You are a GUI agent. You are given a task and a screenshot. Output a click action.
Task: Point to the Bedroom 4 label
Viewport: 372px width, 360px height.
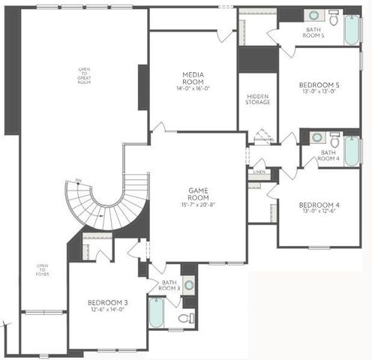pyautogui.click(x=319, y=205)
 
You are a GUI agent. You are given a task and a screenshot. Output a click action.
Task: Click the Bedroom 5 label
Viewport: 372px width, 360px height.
pyautogui.click(x=319, y=85)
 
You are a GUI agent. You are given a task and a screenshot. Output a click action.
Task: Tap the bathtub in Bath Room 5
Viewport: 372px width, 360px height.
pyautogui.click(x=351, y=28)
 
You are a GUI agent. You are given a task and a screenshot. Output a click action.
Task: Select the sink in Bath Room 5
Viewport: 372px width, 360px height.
pyautogui.click(x=313, y=15)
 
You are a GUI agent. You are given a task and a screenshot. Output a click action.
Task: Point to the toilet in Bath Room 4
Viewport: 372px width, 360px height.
pyautogui.click(x=334, y=139)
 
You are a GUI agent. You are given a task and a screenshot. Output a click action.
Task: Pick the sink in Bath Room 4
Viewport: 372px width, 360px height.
pyautogui.click(x=316, y=138)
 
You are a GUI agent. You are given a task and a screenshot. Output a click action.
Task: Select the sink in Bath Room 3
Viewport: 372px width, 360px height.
pyautogui.click(x=188, y=284)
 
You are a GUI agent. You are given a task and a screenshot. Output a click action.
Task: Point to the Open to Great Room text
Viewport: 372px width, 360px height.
pyautogui.click(x=84, y=76)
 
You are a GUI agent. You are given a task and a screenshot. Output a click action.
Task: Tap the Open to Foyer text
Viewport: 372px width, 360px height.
pyautogui.click(x=43, y=268)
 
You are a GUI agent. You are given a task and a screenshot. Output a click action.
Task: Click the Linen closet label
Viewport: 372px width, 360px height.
pyautogui.click(x=259, y=172)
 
